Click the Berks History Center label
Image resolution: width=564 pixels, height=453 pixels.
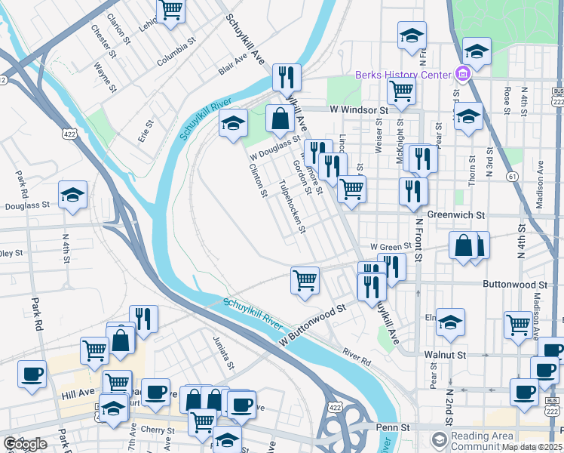point(403,74)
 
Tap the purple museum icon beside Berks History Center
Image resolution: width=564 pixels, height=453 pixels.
point(462,74)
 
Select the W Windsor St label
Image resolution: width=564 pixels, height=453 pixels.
point(358,109)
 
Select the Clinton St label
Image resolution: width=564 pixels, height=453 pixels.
point(259,181)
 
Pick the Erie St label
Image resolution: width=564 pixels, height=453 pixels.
point(146,131)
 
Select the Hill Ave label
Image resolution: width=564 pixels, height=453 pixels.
point(77,393)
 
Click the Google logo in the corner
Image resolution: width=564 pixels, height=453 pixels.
point(25,444)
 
